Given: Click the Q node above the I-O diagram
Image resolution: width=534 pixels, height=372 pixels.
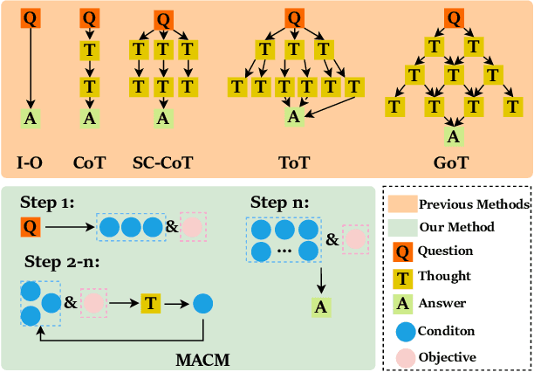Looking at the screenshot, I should point(31,17).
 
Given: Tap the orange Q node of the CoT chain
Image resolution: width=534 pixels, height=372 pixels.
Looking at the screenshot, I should point(88,17).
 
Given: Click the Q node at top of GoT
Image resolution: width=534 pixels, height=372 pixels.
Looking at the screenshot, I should point(452,17).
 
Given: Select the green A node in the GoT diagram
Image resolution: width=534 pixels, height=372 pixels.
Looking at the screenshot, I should point(452,135).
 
